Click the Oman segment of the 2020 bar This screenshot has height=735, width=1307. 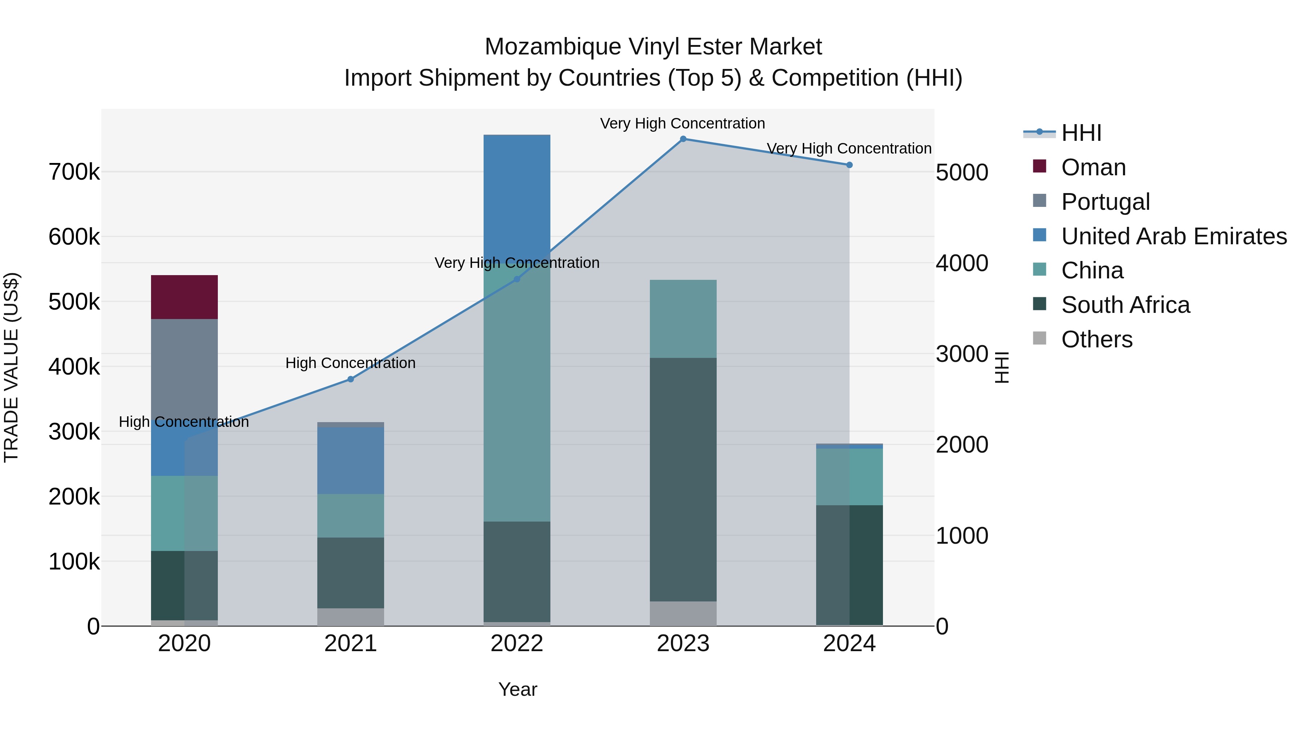click(184, 297)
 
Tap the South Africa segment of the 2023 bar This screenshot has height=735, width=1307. click(683, 479)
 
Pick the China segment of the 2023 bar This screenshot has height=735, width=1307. click(683, 319)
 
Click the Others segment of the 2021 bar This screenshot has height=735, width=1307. click(350, 616)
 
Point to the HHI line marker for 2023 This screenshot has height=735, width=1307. click(683, 139)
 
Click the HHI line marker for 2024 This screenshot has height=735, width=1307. click(849, 165)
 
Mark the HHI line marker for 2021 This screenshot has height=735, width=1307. click(350, 379)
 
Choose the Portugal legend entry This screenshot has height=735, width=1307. click(1105, 202)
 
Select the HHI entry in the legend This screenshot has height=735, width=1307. click(1081, 133)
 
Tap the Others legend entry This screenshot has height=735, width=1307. click(1096, 340)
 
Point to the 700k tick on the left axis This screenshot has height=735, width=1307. click(74, 172)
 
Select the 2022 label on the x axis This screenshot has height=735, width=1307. click(517, 644)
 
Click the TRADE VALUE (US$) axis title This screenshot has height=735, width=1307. click(11, 367)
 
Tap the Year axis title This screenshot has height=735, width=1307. click(517, 689)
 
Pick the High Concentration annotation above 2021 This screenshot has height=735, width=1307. click(350, 363)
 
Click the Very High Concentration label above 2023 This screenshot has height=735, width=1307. click(683, 123)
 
